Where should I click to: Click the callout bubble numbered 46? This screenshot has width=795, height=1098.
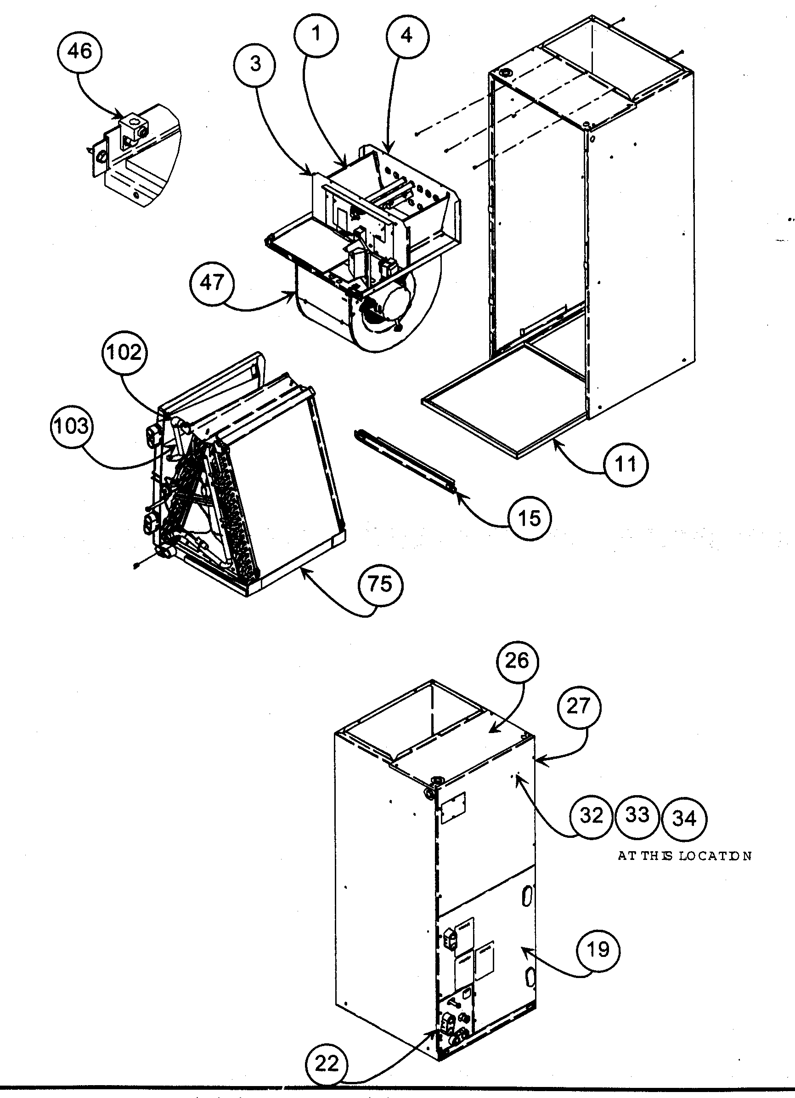click(79, 51)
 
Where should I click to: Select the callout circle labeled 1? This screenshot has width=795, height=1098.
click(316, 35)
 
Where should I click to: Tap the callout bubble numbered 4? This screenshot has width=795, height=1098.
click(407, 35)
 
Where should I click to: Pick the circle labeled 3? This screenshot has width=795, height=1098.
click(254, 64)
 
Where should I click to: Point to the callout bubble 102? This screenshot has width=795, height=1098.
click(124, 353)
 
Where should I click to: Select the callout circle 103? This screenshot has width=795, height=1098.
click(72, 427)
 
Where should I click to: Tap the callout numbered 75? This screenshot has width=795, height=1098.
click(380, 584)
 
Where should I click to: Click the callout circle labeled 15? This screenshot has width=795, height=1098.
click(530, 518)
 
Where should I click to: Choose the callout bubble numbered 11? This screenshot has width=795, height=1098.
click(626, 464)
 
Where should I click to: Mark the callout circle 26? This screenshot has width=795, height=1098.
click(516, 661)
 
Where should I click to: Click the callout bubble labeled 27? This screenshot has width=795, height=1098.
click(578, 707)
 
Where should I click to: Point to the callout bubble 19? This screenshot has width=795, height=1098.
click(598, 950)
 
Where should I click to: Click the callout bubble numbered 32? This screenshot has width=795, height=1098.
click(591, 816)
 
